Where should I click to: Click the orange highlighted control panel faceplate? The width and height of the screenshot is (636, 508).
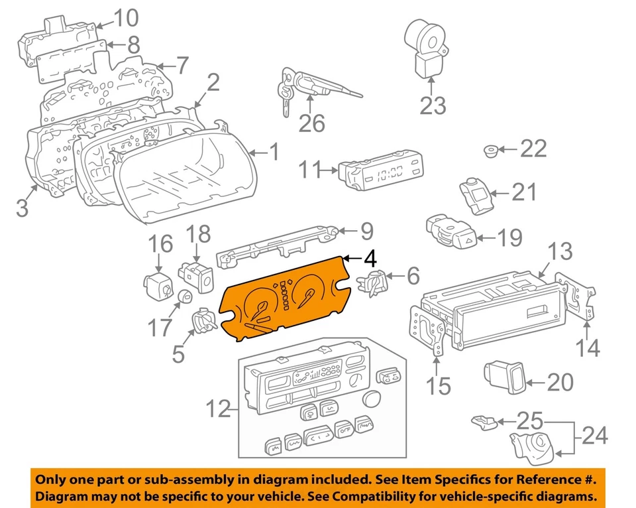pyautogui.click(x=285, y=302)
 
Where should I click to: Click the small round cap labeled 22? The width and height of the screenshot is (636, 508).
pyautogui.click(x=491, y=151)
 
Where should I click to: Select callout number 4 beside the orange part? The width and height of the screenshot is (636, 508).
pyautogui.click(x=370, y=258)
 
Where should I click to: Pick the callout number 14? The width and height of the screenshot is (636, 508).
pyautogui.click(x=588, y=348)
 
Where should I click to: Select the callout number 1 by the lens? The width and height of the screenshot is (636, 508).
pyautogui.click(x=274, y=154)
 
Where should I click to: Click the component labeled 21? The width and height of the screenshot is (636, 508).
pyautogui.click(x=475, y=194)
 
